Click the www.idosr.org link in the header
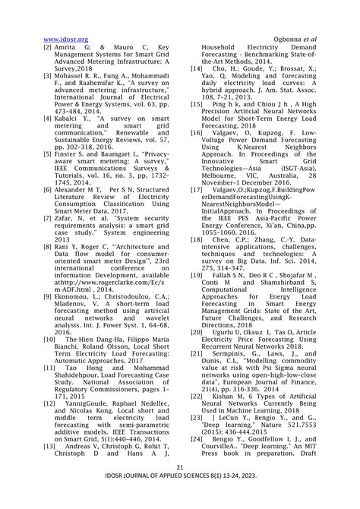tap(66, 38)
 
